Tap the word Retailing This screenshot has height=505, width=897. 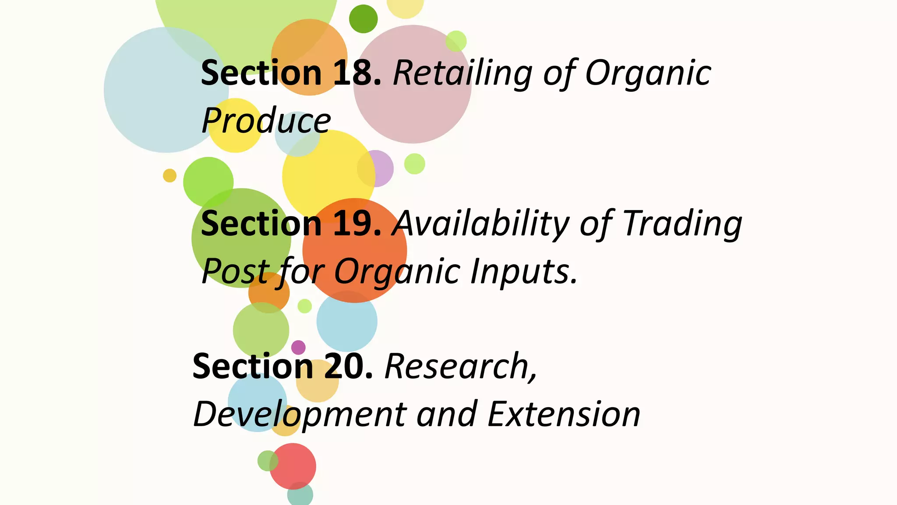(463, 73)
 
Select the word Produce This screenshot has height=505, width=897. (266, 121)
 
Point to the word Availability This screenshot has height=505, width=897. (480, 224)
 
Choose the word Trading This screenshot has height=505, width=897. (682, 224)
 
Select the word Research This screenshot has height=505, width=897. (460, 366)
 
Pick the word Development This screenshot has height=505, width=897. (300, 414)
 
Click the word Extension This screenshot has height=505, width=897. (564, 414)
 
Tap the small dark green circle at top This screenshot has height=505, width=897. (363, 19)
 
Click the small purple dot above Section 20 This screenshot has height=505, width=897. (298, 347)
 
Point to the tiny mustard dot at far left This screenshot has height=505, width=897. (170, 175)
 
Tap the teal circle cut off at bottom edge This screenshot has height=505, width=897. (300, 495)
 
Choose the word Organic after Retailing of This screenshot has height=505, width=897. (648, 73)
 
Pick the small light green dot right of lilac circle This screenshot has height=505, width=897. (414, 164)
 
